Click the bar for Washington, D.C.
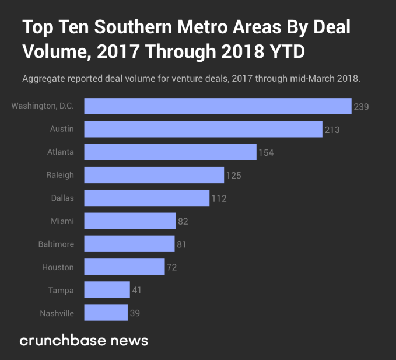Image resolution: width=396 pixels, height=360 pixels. point(218,106)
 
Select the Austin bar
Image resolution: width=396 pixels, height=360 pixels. point(203,129)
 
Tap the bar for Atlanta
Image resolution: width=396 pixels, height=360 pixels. point(170,152)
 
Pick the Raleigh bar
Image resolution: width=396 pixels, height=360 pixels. point(154,175)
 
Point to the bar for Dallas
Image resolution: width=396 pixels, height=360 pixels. point(146,198)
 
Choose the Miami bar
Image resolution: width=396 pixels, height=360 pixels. point(129,221)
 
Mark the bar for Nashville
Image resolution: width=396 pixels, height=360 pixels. point(106,313)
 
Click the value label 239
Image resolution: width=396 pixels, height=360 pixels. point(361,107)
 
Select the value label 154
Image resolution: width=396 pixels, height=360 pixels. point(265,152)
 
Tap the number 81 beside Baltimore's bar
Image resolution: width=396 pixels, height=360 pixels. point(181,244)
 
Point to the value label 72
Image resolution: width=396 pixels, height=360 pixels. point(171,267)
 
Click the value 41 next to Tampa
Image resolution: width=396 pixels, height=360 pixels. point(136,290)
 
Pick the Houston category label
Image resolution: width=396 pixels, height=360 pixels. point(58,267)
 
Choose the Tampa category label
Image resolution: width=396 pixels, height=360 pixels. point(61,290)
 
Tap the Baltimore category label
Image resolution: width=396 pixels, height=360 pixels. point(55,244)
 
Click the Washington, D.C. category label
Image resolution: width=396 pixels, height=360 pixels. point(43,106)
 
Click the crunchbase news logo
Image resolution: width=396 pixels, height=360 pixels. point(84,340)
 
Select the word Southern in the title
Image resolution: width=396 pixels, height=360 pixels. point(139,27)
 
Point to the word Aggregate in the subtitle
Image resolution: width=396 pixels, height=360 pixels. point(45,78)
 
